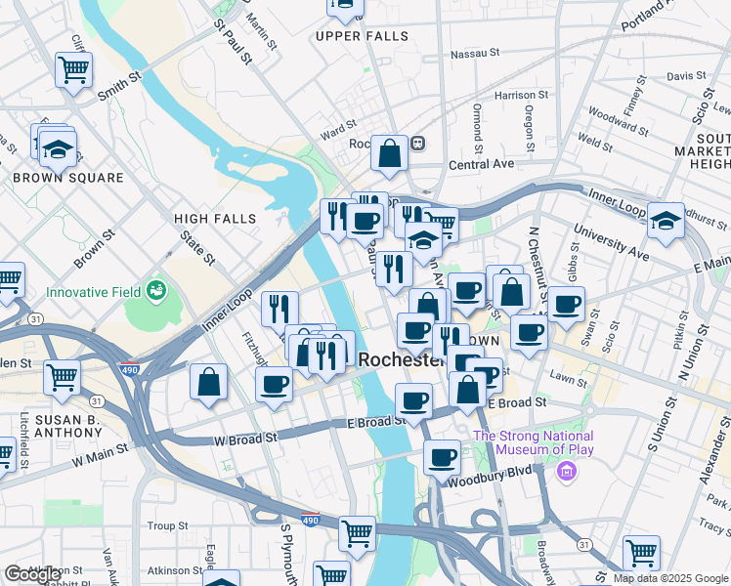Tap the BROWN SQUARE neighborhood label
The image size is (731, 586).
(68, 178)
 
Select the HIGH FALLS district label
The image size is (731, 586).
(206, 219)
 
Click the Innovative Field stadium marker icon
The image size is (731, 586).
(154, 290)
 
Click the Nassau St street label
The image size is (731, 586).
(481, 53)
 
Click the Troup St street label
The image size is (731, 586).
(160, 525)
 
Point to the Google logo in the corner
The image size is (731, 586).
(32, 574)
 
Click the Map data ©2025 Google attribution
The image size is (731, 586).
(670, 578)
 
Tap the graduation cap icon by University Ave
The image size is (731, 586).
(666, 220)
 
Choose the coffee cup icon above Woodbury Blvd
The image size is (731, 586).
(443, 455)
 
